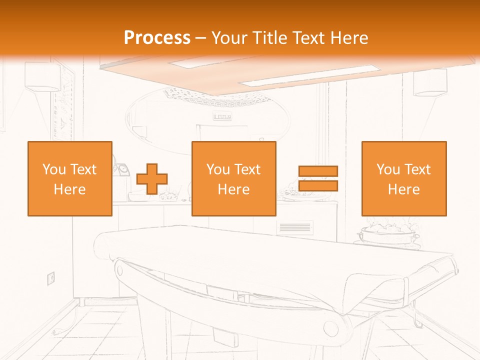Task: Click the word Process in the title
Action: tap(157, 38)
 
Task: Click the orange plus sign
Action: tap(152, 178)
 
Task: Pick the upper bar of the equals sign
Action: tap(318, 171)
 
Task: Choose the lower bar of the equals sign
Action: tap(318, 185)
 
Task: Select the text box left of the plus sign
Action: tap(69, 178)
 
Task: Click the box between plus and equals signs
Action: tap(233, 178)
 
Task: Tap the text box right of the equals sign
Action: tap(403, 178)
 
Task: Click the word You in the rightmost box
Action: tap(388, 169)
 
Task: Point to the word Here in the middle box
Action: tap(233, 189)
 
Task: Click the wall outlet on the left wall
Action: tap(50, 277)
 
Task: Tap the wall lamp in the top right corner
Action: tap(430, 82)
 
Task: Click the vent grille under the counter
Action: tap(294, 228)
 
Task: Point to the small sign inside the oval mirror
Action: tap(222, 117)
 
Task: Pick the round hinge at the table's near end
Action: tap(330, 327)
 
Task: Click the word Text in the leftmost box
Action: tap(82, 169)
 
